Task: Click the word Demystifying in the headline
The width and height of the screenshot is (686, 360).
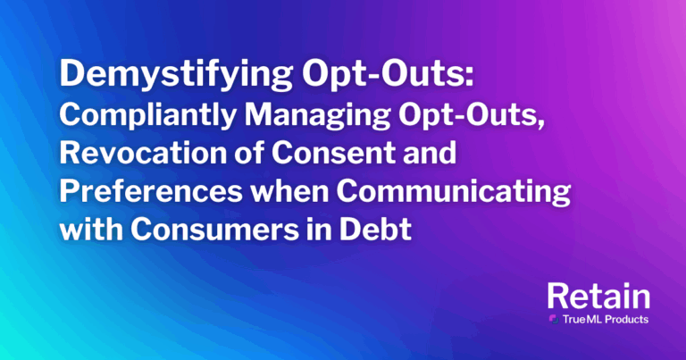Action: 176,75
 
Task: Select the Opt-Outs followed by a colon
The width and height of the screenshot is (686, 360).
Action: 388,74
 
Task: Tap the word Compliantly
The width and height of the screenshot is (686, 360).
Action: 148,116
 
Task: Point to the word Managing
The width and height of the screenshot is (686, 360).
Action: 317,116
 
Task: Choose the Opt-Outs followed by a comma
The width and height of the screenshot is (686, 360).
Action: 471,116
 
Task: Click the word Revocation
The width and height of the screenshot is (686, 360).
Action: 142,153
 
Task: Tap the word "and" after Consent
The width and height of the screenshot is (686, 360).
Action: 430,153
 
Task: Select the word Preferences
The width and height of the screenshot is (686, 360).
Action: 151,190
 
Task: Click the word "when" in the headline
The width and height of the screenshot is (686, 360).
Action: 289,190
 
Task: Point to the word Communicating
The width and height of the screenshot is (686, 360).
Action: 453,192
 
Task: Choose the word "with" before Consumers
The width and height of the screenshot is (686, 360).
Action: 90,229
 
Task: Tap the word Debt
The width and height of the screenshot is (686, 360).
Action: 375,229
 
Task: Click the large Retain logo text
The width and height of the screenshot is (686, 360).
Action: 598,297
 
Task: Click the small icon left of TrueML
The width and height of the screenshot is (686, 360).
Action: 554,319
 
